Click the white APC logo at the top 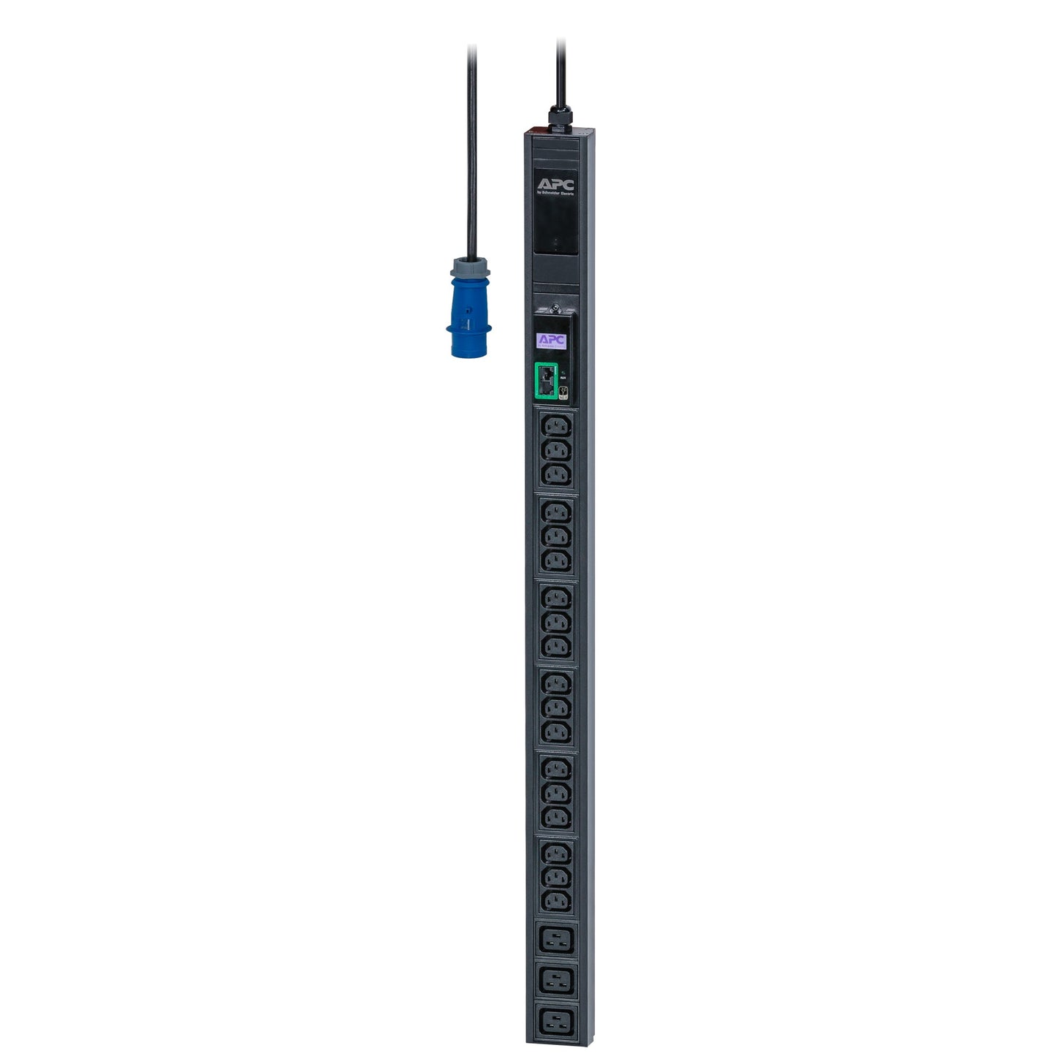point(555,183)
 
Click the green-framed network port point(545,381)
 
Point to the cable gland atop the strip point(559,118)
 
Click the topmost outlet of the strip point(556,427)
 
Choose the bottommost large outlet point(556,1022)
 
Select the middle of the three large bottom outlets point(556,981)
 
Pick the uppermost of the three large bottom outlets point(556,939)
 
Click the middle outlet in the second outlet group point(556,537)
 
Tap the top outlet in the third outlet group point(556,598)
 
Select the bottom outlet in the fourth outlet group point(556,732)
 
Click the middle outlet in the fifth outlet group point(556,792)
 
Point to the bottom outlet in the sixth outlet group point(556,900)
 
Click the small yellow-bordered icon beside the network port point(563,392)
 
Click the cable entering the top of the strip point(561,73)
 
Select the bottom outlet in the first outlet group point(556,476)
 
